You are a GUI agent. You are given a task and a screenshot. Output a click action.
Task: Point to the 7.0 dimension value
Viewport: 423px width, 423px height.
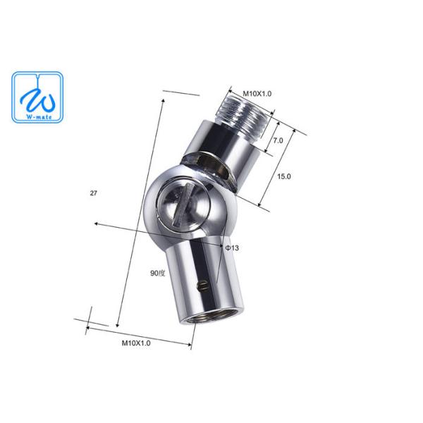coord(278,140)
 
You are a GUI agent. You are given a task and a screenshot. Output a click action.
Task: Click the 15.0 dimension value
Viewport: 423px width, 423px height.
coord(285,176)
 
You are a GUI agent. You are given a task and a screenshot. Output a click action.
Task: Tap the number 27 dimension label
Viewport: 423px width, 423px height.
coord(94,192)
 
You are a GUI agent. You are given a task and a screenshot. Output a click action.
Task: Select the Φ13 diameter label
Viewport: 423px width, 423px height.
coord(231,248)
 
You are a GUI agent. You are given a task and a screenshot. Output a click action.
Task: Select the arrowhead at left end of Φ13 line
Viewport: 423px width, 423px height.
coord(96,226)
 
